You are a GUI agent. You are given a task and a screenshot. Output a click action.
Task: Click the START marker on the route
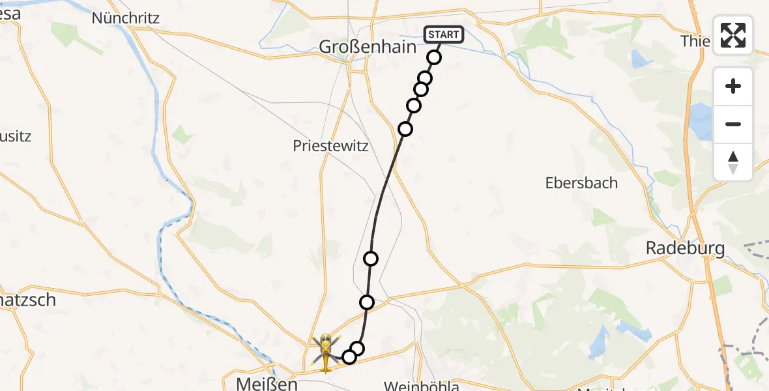pyautogui.click(x=444, y=34)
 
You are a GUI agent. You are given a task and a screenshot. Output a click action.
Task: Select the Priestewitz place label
pyautogui.click(x=330, y=146)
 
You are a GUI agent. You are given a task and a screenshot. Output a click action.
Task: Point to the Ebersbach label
pyautogui.click(x=581, y=183)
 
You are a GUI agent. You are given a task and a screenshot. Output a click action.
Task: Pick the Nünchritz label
pyautogui.click(x=126, y=18)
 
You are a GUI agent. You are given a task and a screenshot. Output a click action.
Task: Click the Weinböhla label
pyautogui.click(x=421, y=386)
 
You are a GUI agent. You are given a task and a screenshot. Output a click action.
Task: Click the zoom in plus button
pyautogui.click(x=733, y=86)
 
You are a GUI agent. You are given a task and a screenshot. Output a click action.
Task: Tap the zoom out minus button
pyautogui.click(x=733, y=124)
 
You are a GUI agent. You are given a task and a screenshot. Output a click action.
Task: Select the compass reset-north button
pyautogui.click(x=733, y=162)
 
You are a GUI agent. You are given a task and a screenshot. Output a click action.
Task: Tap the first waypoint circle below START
pyautogui.click(x=434, y=57)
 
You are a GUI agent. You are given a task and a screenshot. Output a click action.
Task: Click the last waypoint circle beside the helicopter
pyautogui.click(x=349, y=356)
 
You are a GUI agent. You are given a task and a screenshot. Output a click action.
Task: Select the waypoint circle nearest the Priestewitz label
pyautogui.click(x=405, y=129)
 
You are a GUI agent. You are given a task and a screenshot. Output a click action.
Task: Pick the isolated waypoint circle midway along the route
pyautogui.click(x=371, y=259)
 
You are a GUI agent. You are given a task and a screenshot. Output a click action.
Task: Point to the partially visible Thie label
pyautogui.click(x=695, y=42)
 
